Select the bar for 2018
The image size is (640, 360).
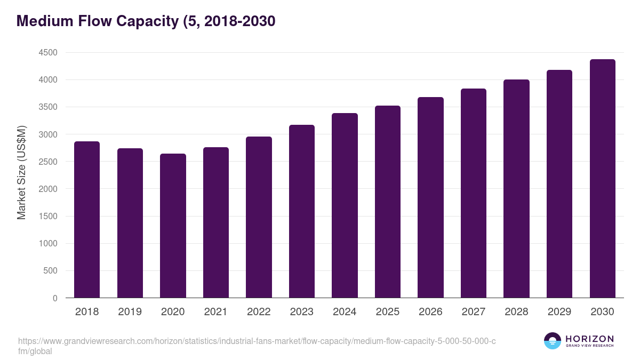[x=87, y=220]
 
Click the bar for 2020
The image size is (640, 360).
[x=173, y=226]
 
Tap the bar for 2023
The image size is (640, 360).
[x=302, y=211]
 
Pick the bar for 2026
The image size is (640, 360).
[x=430, y=197]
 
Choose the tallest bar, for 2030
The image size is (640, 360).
[x=602, y=179]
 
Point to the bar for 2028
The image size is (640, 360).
[x=516, y=189]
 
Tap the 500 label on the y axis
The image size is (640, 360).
[x=50, y=271]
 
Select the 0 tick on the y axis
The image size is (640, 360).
[x=54, y=298]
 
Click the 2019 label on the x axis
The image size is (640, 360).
[x=130, y=312]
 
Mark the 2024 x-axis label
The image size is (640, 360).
[x=345, y=312]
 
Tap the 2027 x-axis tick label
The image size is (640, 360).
[x=473, y=312]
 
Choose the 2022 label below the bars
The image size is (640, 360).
[x=259, y=312]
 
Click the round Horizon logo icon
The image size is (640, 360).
[x=553, y=341]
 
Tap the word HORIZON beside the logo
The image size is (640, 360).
[x=589, y=339]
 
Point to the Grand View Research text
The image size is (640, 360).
[x=589, y=346]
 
